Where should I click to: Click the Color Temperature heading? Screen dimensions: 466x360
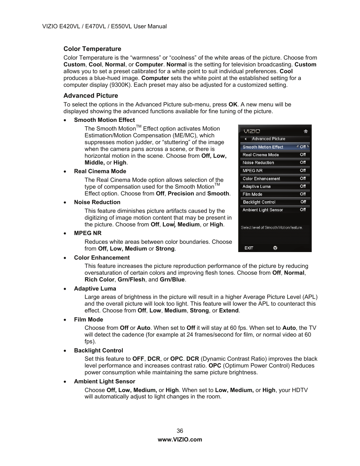click(92, 49)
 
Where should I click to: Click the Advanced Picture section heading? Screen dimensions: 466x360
click(91, 95)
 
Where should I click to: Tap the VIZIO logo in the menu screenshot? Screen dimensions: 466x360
click(252, 131)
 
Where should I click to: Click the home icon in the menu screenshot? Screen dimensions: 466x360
click(306, 131)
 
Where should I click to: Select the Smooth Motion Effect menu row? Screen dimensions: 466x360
click(274, 147)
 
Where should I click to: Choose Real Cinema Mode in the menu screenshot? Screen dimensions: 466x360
click(261, 155)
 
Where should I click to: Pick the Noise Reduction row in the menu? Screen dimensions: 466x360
click(258, 163)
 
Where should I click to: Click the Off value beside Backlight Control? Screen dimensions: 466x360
click(303, 202)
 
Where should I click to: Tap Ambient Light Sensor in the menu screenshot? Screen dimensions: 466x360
click(263, 210)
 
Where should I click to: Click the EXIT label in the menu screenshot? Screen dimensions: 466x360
click(249, 248)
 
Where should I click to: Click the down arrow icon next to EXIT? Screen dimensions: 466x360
click(275, 248)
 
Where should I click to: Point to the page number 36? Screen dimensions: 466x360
click(180, 431)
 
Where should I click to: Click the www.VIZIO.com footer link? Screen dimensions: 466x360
click(180, 439)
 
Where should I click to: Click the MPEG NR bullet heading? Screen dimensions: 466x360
click(88, 233)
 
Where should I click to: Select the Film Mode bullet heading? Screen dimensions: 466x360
click(88, 319)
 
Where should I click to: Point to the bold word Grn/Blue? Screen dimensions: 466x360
click(172, 280)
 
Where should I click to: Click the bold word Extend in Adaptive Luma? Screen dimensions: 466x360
click(229, 311)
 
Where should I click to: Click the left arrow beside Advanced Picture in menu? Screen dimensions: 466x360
click(245, 139)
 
